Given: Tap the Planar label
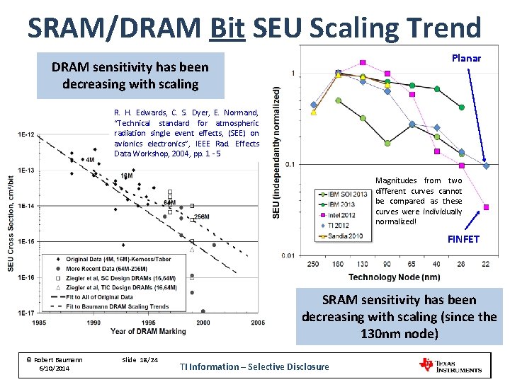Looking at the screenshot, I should click(x=465, y=58).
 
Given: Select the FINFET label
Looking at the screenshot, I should click(x=463, y=239).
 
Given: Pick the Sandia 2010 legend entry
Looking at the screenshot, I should click(x=346, y=236).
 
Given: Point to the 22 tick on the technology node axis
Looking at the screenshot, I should click(x=485, y=265).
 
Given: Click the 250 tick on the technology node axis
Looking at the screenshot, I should click(x=313, y=265).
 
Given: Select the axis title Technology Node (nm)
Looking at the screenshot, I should click(x=394, y=277).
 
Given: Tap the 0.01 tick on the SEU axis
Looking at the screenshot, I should click(x=288, y=255).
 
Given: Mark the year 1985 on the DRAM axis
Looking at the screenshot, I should click(x=40, y=323).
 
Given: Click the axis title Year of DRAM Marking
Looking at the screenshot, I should click(x=149, y=331).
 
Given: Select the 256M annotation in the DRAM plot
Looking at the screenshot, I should click(x=201, y=216).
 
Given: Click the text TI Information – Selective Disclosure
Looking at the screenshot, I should click(x=254, y=366).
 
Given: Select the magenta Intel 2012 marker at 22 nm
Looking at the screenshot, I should click(x=486, y=207).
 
